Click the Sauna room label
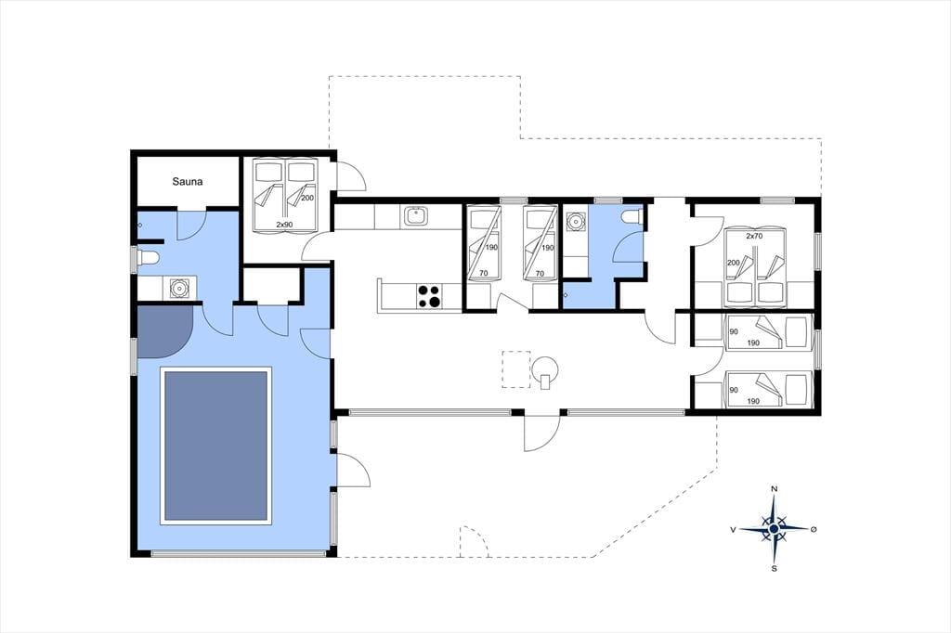click(x=188, y=181)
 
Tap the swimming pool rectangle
click(x=215, y=446)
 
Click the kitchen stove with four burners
click(x=428, y=296)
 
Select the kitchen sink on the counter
click(x=415, y=216)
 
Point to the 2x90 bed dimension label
click(x=284, y=225)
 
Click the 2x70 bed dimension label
click(x=754, y=237)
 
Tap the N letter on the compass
click(x=774, y=489)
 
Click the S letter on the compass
click(x=774, y=569)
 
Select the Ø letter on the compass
click(x=814, y=529)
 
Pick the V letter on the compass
click(x=734, y=530)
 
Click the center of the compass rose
click(x=774, y=529)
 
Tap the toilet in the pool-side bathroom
click(x=148, y=258)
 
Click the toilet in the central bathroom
click(x=632, y=216)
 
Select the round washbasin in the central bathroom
click(x=575, y=221)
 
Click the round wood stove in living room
click(x=545, y=368)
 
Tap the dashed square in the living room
click(x=516, y=369)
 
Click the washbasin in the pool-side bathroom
click(x=179, y=288)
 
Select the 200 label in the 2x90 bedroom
click(x=307, y=199)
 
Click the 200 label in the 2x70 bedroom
click(x=734, y=263)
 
